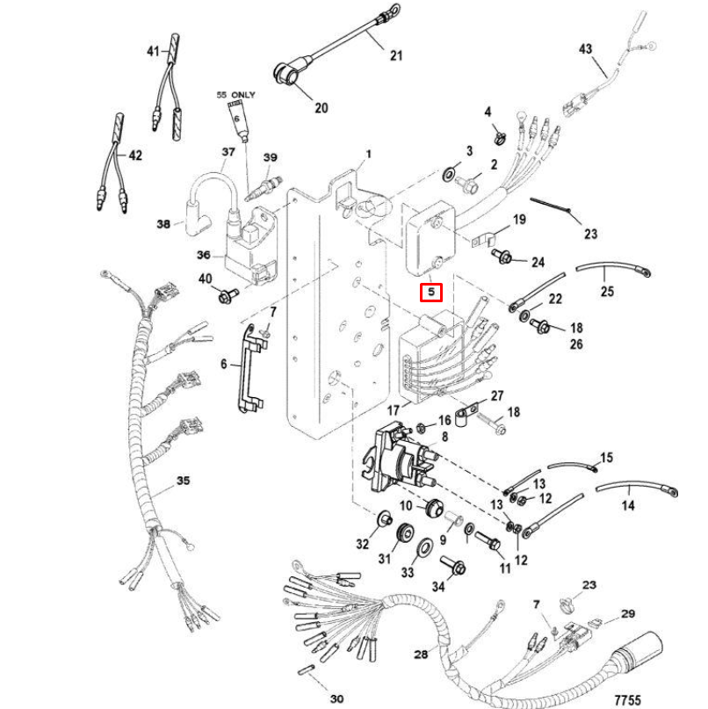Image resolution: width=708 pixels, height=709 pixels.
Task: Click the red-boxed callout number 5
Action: click(x=430, y=292)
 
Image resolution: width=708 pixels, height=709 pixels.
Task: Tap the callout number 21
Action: click(x=396, y=55)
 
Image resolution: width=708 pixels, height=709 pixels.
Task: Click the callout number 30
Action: click(x=336, y=699)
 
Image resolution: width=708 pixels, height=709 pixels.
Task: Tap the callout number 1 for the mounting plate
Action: click(x=368, y=154)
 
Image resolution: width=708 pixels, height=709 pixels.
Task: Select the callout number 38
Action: click(x=163, y=224)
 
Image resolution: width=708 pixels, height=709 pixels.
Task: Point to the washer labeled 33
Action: click(x=422, y=549)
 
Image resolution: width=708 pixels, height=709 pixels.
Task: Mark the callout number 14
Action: click(x=628, y=506)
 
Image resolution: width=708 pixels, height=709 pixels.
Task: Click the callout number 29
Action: click(x=627, y=613)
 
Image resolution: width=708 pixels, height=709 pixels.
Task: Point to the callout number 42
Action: click(x=134, y=156)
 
